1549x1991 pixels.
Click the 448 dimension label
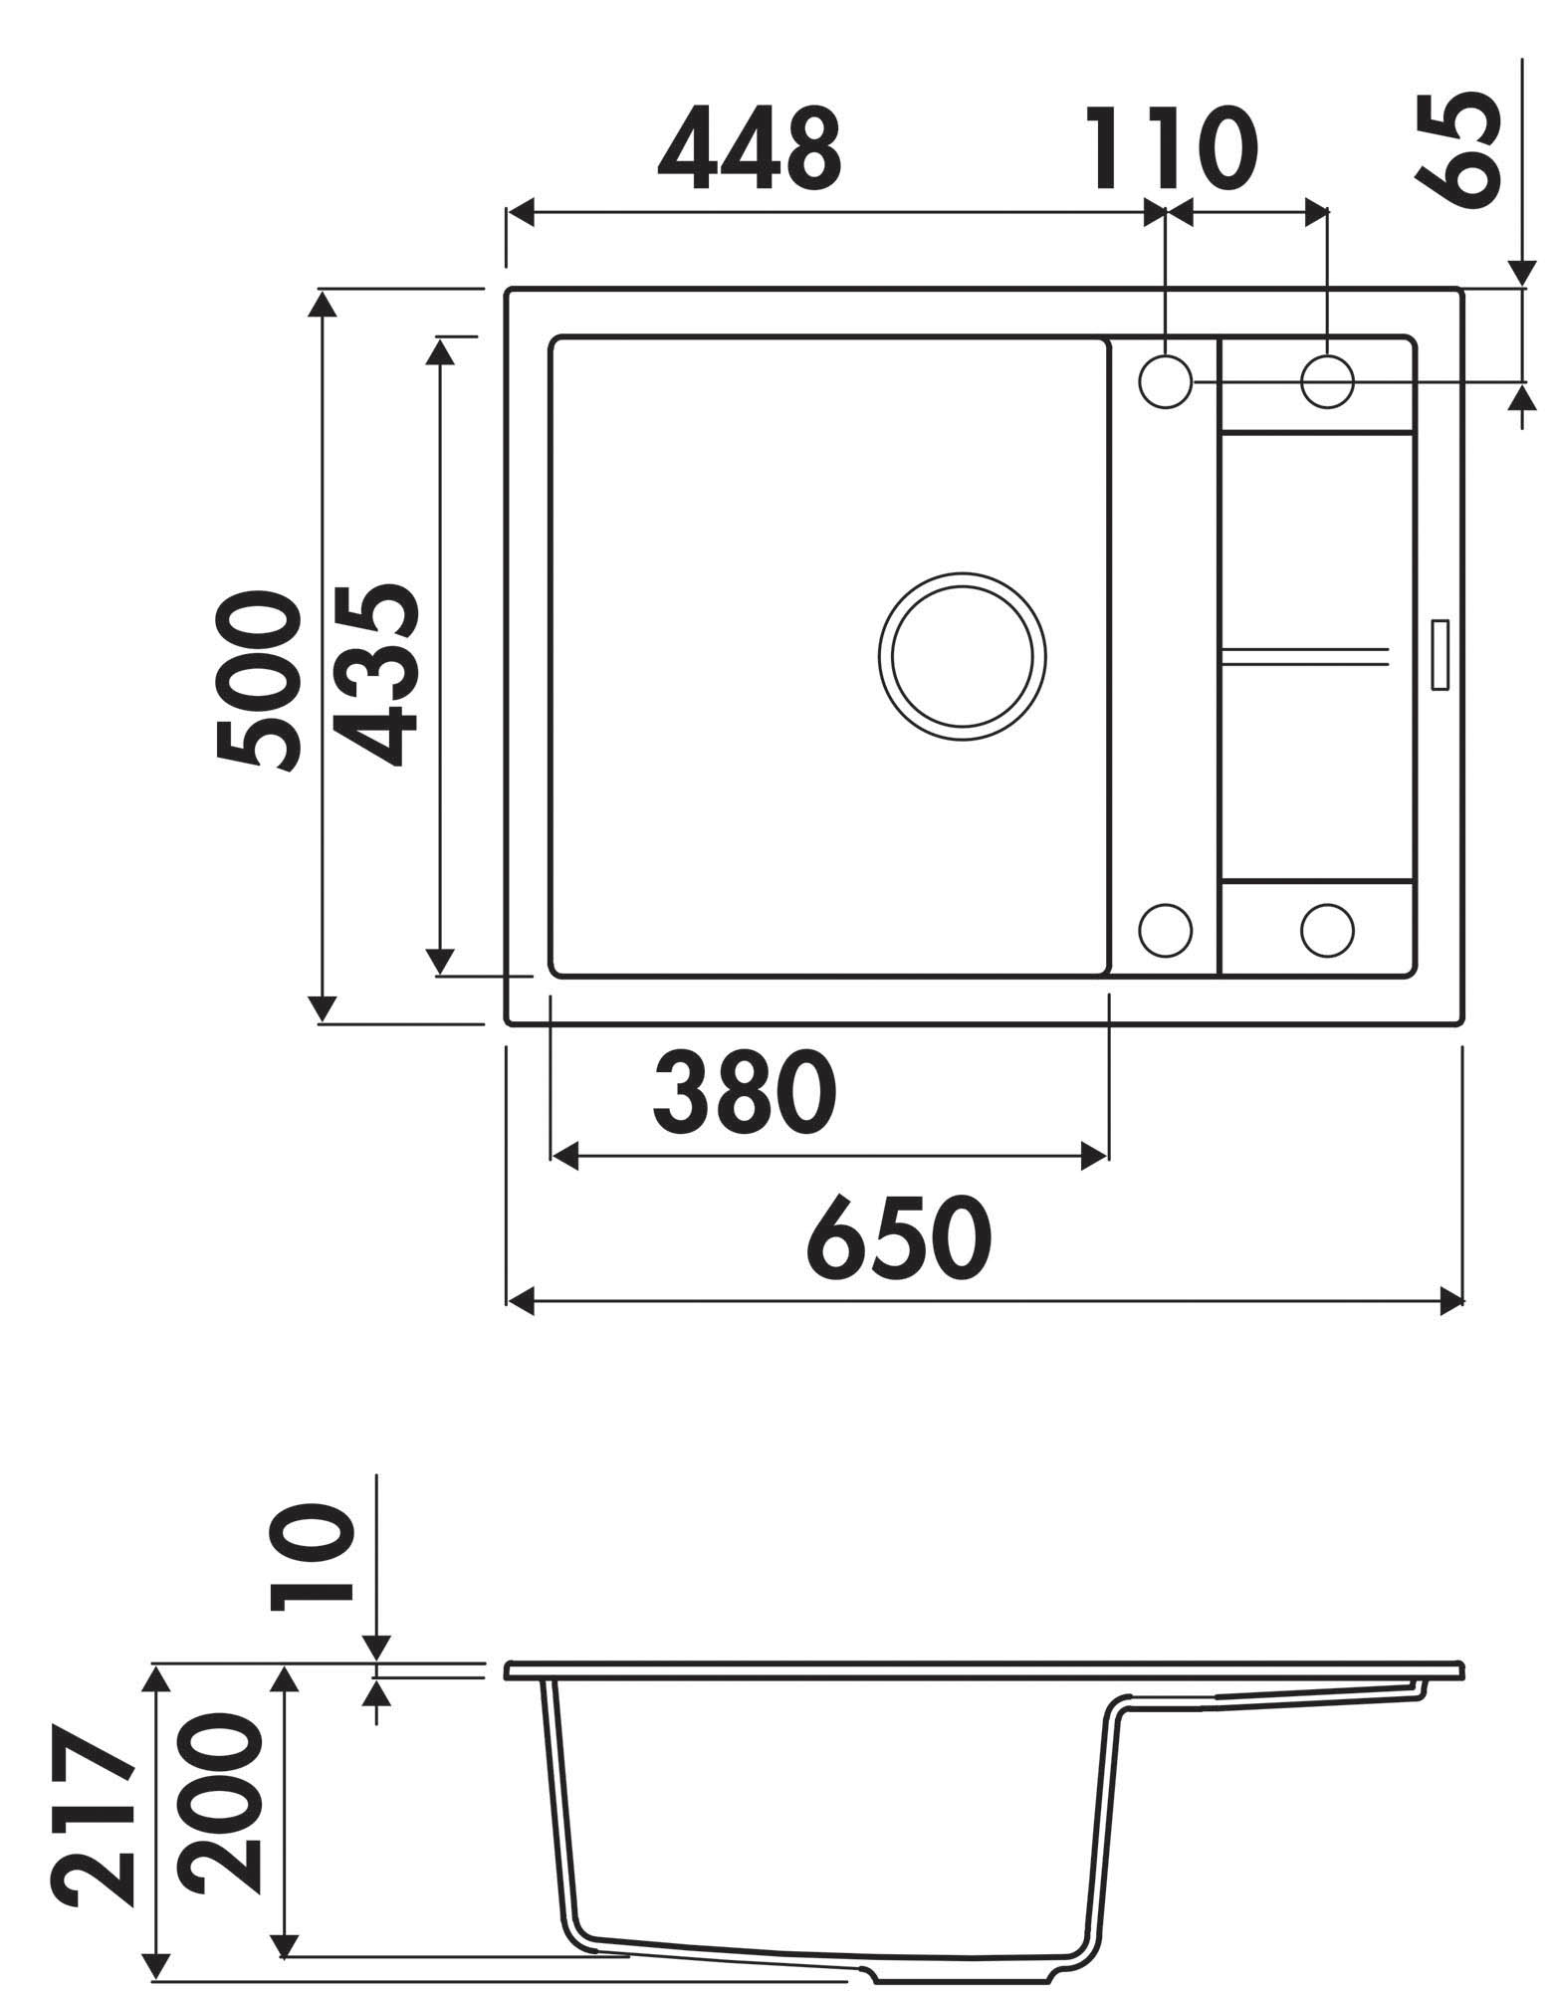pos(749,147)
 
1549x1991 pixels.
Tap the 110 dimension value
pos(1169,147)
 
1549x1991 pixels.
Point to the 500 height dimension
pos(257,681)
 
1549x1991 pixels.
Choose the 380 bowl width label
pos(744,1093)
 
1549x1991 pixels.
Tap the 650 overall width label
pos(899,1237)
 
